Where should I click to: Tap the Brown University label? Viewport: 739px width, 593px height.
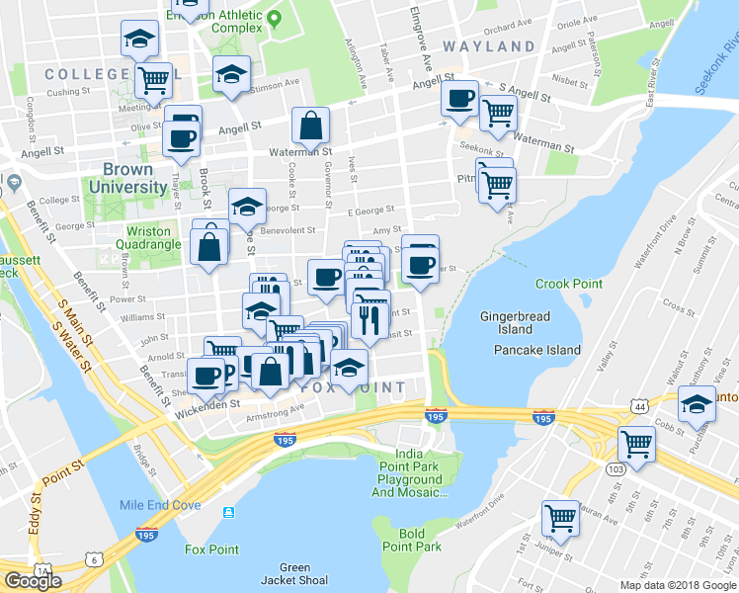pyautogui.click(x=127, y=178)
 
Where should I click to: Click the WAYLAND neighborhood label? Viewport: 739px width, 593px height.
pyautogui.click(x=488, y=46)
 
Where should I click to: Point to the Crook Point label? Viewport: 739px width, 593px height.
pyautogui.click(x=568, y=284)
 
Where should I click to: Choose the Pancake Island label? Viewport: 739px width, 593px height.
pyautogui.click(x=536, y=350)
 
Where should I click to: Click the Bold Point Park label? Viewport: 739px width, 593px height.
pyautogui.click(x=412, y=540)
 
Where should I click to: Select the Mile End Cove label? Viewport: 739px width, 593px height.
pyautogui.click(x=160, y=505)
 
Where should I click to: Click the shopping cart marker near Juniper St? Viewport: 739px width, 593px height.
pyautogui.click(x=560, y=517)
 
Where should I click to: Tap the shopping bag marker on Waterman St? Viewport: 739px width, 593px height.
pyautogui.click(x=310, y=126)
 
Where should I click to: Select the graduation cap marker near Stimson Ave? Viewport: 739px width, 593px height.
pyautogui.click(x=231, y=74)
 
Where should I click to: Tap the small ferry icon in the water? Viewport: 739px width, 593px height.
pyautogui.click(x=229, y=513)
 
